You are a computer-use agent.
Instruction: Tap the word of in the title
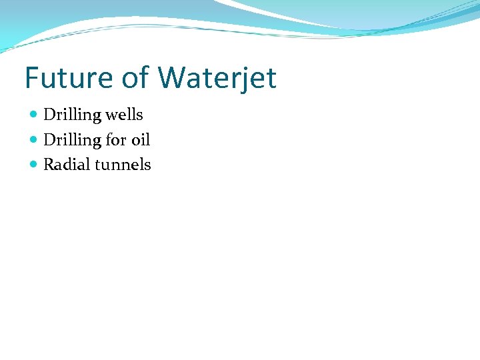pos(135,78)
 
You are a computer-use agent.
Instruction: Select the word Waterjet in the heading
pos(217,78)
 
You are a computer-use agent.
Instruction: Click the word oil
pos(141,140)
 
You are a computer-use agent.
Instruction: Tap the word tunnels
pos(123,165)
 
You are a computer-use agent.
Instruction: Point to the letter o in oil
pos(135,141)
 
